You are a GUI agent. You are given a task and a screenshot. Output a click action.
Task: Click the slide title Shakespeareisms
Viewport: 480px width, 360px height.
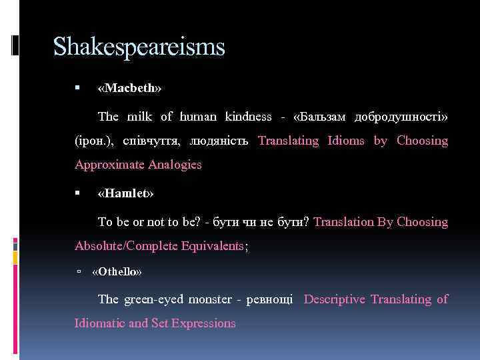tap(139, 47)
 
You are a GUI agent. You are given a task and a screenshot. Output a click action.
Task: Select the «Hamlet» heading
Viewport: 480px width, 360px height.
tap(125, 194)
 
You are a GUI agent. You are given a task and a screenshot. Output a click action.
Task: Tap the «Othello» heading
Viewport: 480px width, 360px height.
tap(117, 272)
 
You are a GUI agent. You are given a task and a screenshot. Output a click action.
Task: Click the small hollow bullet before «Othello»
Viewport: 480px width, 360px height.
tap(79, 272)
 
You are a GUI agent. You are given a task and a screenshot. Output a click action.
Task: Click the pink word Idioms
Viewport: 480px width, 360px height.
tap(345, 141)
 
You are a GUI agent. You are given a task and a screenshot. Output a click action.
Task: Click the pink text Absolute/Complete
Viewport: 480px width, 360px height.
tap(127, 246)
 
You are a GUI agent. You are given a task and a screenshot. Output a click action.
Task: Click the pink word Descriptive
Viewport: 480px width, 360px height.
tap(334, 299)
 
